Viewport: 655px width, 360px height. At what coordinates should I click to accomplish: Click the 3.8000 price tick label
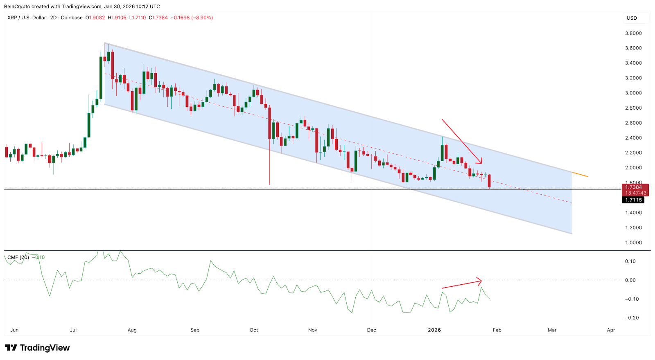pos(633,33)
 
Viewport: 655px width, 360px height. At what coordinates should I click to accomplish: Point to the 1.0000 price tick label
pos(633,243)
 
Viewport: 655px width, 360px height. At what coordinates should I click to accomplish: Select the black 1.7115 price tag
pos(633,200)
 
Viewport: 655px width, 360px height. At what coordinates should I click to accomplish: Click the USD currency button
pos(632,18)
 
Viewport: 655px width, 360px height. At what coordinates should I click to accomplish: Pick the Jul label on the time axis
pos(73,330)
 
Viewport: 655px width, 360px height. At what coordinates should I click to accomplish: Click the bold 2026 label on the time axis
pos(434,330)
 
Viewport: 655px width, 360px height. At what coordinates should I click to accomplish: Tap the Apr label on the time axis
pos(611,330)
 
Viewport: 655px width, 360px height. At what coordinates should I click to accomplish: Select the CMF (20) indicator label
pos(18,257)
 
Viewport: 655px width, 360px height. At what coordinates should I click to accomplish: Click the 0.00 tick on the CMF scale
pos(630,280)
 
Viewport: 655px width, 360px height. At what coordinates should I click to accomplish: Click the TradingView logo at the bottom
pos(37,348)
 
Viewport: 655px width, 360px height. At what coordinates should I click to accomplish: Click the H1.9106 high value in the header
pos(117,18)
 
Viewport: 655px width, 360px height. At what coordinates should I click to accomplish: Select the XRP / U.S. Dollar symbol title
pos(27,18)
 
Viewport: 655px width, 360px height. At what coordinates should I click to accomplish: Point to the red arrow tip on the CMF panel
pos(481,281)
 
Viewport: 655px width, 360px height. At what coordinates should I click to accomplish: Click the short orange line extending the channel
pos(580,175)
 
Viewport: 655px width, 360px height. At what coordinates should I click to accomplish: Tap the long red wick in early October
pos(269,164)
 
